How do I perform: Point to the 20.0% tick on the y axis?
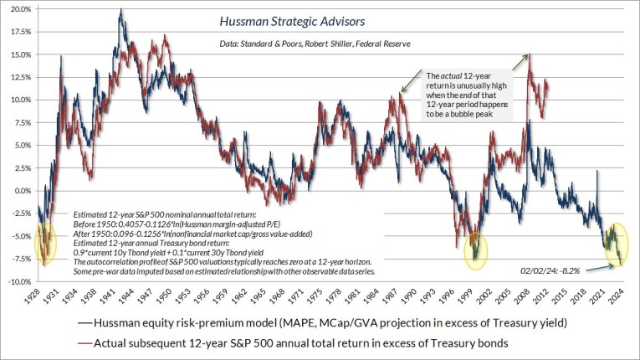(19, 9)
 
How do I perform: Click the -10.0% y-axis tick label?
(18, 281)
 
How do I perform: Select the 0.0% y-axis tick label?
(21, 190)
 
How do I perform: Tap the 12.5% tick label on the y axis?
(19, 77)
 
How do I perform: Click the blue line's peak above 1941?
(121, 11)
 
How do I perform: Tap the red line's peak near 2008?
(529, 55)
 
